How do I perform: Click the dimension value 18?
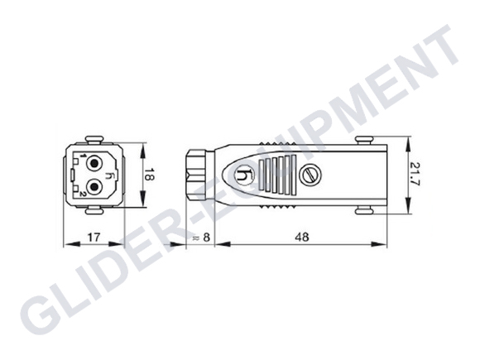tap(150, 174)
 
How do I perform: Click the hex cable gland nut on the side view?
tap(196, 174)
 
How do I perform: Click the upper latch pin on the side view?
tap(361, 139)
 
